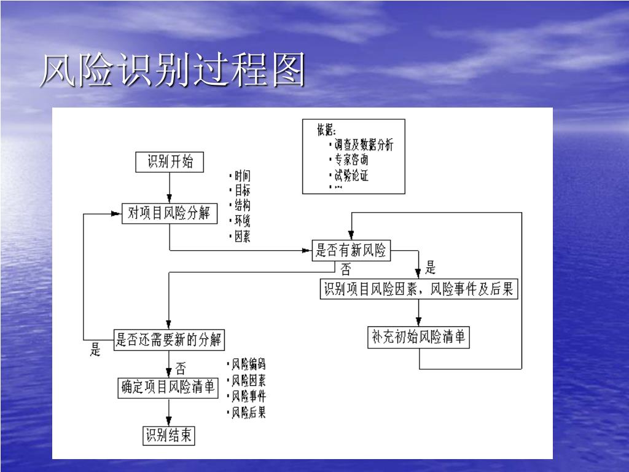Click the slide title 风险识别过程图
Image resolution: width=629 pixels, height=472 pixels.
coord(173,72)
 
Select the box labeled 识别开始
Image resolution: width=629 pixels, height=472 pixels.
coord(170,162)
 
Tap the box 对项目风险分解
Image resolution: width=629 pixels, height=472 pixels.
coord(169,213)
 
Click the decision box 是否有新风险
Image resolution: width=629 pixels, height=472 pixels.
coord(351,250)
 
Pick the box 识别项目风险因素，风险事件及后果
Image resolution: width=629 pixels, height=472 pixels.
coord(419,288)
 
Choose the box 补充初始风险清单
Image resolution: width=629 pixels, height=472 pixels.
coord(419,337)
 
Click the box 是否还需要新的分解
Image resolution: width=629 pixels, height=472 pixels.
coord(169,339)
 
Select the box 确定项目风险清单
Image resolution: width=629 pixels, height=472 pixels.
coord(168,387)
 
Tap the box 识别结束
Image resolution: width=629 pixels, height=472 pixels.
coord(169,435)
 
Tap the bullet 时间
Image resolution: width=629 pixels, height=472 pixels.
coord(242,176)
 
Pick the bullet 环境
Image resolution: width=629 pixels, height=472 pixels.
coord(242,221)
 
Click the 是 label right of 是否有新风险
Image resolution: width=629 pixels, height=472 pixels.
coord(431,267)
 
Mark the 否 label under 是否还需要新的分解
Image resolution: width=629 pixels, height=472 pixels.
coord(181,369)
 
